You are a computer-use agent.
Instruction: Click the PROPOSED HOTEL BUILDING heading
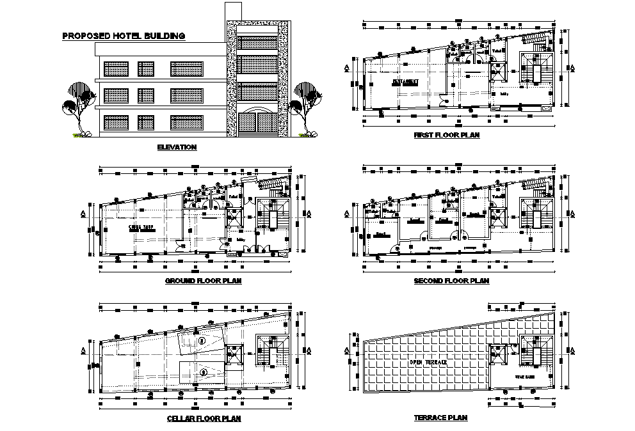click(124, 36)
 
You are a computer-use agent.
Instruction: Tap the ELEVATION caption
click(177, 147)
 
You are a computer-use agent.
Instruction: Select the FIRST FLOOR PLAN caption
click(446, 136)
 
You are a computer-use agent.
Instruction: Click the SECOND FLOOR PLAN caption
click(451, 280)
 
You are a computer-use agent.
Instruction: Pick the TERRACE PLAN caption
click(440, 418)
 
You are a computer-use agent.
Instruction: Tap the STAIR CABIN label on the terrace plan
click(524, 377)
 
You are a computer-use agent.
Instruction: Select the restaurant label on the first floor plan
click(405, 82)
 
